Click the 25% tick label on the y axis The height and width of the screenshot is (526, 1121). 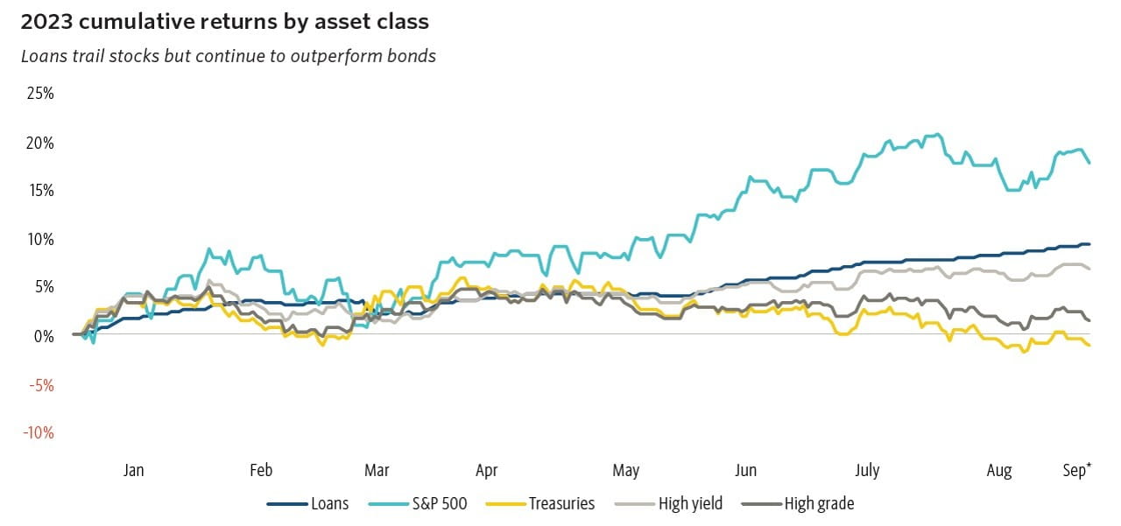[39, 94]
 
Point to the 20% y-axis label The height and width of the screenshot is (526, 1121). [39, 143]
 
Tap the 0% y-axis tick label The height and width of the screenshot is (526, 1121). [44, 336]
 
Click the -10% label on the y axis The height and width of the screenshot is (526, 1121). [39, 432]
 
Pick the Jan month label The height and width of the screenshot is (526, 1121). [133, 471]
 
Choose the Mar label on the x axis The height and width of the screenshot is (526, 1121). [377, 471]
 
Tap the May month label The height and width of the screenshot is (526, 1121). [626, 471]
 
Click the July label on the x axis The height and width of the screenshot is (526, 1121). [866, 471]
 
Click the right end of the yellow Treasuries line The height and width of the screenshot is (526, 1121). [1089, 346]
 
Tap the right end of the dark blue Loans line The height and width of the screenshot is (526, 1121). [1089, 244]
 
